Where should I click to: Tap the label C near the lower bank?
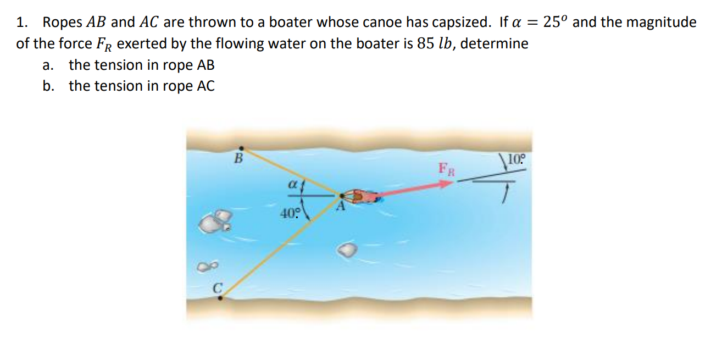(217, 286)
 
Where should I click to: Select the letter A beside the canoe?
(341, 207)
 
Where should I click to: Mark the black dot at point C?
(220, 298)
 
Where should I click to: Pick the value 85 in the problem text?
(426, 43)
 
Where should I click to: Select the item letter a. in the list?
(48, 65)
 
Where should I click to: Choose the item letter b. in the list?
(48, 86)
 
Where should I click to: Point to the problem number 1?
(22, 23)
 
